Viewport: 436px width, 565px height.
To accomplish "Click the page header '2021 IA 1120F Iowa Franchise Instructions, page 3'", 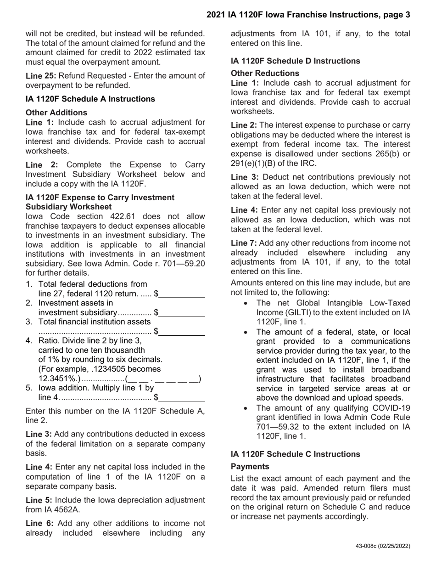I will (308, 15).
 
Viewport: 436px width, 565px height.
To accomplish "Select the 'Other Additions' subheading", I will (56, 112).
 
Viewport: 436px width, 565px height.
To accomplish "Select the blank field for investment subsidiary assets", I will (182, 313).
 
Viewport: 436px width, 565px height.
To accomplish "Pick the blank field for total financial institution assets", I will (182, 332).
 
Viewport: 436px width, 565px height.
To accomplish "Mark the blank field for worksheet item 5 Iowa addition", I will (182, 398).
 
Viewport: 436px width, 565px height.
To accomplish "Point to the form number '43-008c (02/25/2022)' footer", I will (383, 546).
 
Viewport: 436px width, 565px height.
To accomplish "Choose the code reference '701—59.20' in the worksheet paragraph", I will (184, 263).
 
